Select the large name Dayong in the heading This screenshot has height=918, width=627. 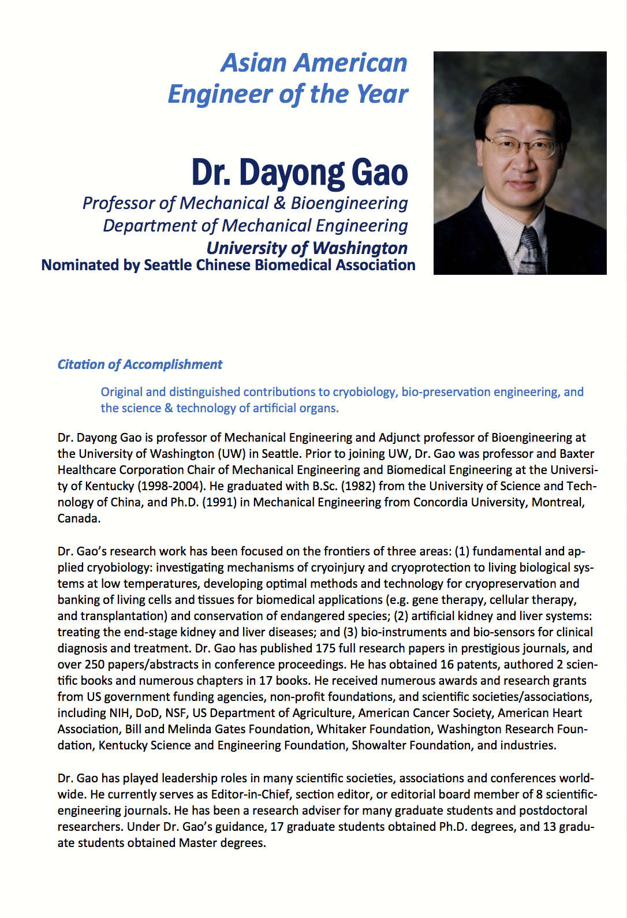292,173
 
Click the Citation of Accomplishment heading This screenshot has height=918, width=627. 140,364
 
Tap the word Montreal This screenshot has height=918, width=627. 558,502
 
